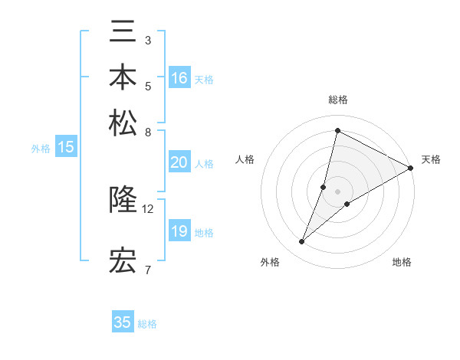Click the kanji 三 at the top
click(123, 34)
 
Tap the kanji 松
click(123, 122)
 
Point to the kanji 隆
click(123, 200)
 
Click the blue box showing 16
click(179, 78)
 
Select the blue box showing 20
click(179, 162)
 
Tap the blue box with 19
click(179, 231)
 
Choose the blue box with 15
click(66, 148)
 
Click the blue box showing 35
click(123, 322)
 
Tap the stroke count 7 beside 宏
click(148, 270)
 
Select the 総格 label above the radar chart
click(337, 100)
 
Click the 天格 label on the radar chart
click(431, 159)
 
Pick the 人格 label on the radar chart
click(245, 159)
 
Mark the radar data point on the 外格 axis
click(302, 242)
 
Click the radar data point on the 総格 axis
click(337, 130)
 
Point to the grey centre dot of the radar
click(337, 191)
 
